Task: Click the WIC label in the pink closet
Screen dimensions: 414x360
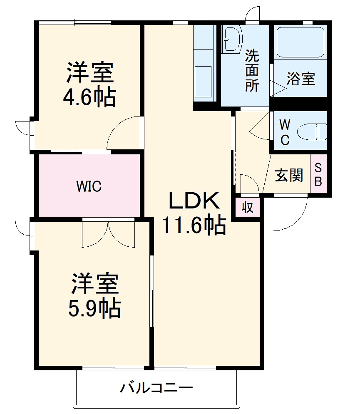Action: point(89,186)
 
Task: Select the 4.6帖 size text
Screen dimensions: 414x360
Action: point(89,98)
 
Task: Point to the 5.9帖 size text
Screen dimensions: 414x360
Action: point(94,308)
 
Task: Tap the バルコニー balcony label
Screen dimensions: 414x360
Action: point(156,389)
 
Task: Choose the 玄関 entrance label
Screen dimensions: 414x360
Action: point(288,176)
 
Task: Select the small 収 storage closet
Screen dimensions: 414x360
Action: point(248,207)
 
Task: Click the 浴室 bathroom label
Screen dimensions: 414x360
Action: point(301,79)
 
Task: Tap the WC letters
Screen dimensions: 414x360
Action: point(284,132)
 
